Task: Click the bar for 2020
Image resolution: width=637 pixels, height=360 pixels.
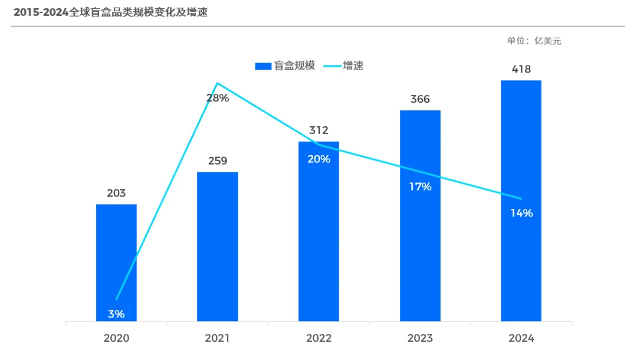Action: (116, 263)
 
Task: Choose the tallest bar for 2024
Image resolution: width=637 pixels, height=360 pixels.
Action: (521, 201)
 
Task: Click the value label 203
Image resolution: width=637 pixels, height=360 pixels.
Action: (116, 194)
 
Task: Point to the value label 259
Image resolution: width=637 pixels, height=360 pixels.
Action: (218, 161)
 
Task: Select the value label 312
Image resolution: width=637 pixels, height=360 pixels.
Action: (318, 130)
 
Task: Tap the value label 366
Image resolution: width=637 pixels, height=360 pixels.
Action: (420, 99)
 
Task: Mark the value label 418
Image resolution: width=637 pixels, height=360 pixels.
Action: (521, 70)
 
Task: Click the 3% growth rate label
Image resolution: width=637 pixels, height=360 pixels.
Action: (116, 314)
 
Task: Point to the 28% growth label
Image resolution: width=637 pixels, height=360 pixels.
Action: (218, 98)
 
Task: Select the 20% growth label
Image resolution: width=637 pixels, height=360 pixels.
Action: (318, 159)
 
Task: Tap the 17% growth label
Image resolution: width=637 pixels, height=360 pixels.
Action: (421, 187)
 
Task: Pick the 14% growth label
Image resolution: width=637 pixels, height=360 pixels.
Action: (521, 213)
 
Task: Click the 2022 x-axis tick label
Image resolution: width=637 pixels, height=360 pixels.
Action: (318, 339)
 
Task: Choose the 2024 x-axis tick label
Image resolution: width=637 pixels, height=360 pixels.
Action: (521, 339)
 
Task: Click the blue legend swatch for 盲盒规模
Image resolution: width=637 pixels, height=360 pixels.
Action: (263, 66)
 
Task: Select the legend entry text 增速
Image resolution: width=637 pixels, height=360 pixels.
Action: (353, 66)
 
